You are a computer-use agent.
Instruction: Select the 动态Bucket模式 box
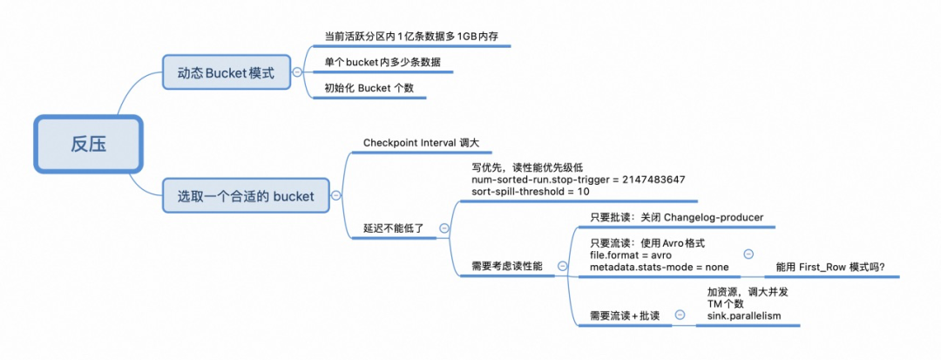(x=226, y=73)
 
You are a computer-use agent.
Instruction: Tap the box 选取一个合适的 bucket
(x=246, y=196)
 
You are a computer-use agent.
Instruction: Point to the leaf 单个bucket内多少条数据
(x=382, y=63)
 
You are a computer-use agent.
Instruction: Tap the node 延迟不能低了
(x=393, y=228)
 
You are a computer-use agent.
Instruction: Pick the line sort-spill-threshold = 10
(x=524, y=191)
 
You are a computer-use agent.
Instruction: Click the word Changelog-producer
(x=712, y=217)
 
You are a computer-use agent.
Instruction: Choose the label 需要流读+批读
(x=625, y=316)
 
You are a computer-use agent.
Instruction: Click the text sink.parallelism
(x=743, y=316)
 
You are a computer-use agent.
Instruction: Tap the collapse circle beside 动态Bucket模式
(x=298, y=73)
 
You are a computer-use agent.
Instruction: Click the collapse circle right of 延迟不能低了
(x=443, y=228)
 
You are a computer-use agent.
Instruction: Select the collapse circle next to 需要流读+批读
(x=680, y=315)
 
